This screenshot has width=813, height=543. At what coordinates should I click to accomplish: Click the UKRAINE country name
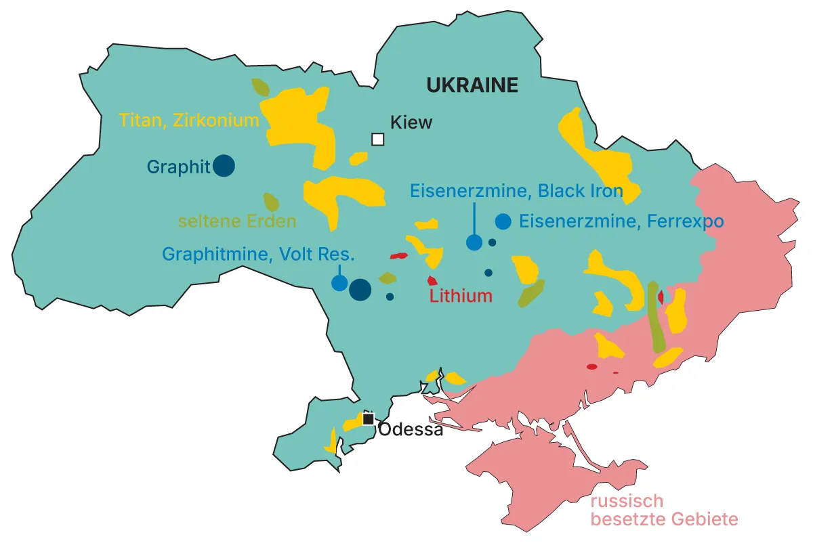(x=472, y=85)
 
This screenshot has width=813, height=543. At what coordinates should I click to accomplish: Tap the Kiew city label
(x=411, y=123)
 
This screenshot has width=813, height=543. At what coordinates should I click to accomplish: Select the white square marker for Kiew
(x=377, y=139)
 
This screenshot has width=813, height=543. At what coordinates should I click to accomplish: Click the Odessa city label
(x=411, y=429)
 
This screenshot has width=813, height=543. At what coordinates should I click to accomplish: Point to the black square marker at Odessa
(x=368, y=419)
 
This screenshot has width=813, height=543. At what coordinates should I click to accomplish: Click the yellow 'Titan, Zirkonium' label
(x=189, y=121)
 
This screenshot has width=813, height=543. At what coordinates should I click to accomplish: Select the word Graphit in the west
(x=178, y=167)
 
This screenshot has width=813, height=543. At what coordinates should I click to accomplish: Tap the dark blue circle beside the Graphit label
(x=224, y=166)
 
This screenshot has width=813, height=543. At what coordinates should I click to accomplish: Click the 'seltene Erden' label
(x=237, y=221)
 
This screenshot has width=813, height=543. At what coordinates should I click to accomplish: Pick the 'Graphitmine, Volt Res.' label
(x=258, y=255)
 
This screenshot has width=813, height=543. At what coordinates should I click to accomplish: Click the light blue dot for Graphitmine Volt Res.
(x=339, y=283)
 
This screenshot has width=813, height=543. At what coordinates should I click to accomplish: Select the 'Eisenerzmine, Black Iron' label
(x=516, y=191)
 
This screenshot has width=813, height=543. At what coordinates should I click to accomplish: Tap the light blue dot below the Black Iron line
(x=474, y=242)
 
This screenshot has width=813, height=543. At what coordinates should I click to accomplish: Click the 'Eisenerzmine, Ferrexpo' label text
(x=621, y=221)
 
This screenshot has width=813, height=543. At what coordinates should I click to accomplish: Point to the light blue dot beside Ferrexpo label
(x=503, y=221)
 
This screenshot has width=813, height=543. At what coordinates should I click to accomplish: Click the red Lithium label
(x=461, y=296)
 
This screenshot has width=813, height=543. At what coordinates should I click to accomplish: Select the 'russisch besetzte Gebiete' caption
(x=663, y=511)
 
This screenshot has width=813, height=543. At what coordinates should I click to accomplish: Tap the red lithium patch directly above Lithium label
(x=432, y=280)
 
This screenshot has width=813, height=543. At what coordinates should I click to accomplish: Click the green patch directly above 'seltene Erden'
(x=271, y=202)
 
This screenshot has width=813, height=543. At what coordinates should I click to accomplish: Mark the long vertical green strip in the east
(x=654, y=316)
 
